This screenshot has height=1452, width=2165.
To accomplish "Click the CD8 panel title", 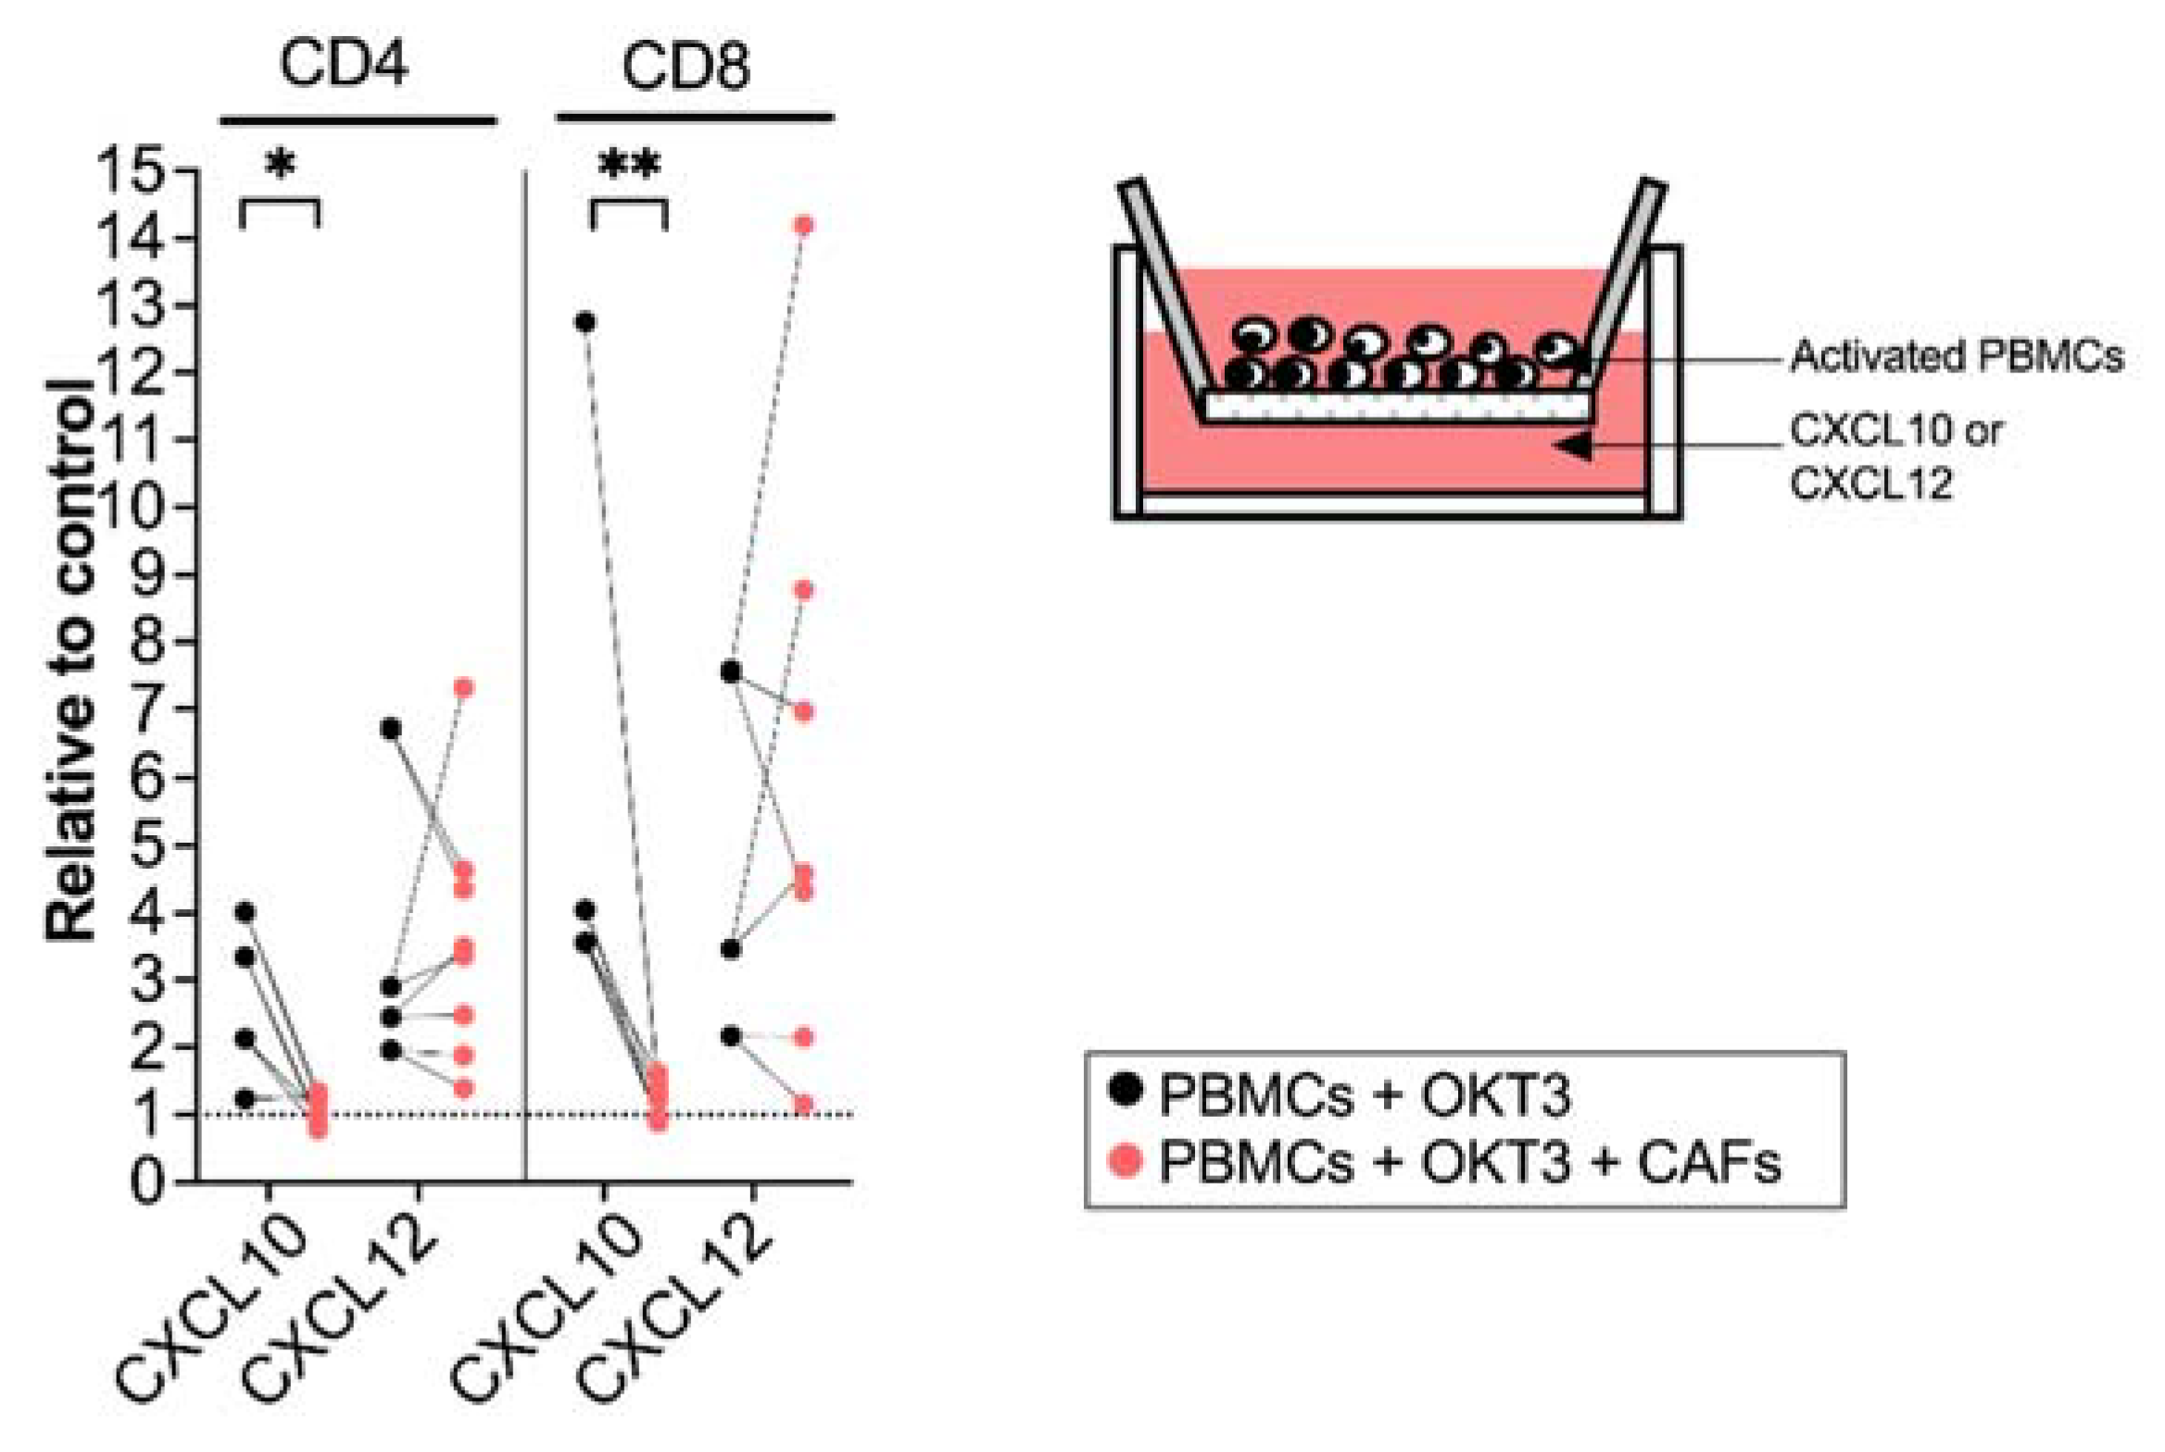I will [x=686, y=67].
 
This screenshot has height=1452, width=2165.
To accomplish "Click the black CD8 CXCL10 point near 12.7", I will [x=585, y=322].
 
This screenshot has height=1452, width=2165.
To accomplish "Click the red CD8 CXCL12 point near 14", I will [x=804, y=225].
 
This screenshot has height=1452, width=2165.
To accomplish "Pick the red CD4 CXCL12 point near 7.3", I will [x=464, y=687].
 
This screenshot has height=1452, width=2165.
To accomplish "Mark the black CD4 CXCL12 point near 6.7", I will [x=391, y=729].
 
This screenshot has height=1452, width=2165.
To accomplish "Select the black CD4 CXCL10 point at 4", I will [x=245, y=912].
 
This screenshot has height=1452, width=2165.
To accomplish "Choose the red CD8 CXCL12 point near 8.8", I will [x=804, y=591].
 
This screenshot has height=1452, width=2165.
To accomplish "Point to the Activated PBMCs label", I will [x=1956, y=357].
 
